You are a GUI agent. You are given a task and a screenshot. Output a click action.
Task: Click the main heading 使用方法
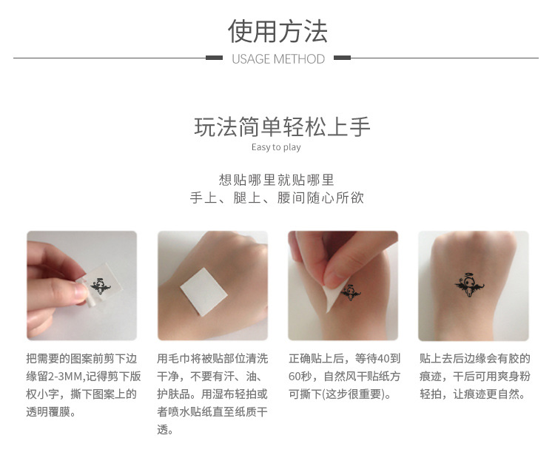[x=277, y=31]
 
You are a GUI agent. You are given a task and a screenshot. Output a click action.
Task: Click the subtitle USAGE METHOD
[x=277, y=58]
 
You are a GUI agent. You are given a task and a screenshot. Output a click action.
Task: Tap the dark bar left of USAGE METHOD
[x=214, y=58]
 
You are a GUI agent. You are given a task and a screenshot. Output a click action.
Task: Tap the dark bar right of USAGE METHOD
[x=342, y=58]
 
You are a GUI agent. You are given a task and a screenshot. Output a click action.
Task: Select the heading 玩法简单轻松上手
[x=282, y=127]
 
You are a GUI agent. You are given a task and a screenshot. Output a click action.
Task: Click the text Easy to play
[x=276, y=147]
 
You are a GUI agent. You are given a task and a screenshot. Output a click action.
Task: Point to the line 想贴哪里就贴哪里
[x=277, y=180]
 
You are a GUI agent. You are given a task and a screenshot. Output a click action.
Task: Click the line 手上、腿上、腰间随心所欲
[x=277, y=198]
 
